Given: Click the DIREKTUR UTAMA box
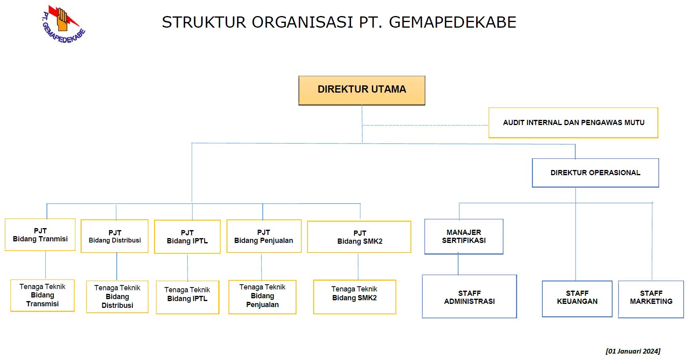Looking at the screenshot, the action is point(362,91).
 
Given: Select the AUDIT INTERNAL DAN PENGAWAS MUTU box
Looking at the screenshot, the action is point(573,123).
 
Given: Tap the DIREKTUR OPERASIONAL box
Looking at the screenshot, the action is point(595,173).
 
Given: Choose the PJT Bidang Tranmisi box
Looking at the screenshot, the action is point(40,235).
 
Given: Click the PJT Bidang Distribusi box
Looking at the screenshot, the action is point(115,236).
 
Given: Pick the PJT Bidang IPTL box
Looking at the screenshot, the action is point(187,237).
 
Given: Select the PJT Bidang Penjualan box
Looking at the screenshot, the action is point(264,236).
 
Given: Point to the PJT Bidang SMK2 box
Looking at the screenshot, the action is point(359,237).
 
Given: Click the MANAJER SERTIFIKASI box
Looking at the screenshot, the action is point(464,237).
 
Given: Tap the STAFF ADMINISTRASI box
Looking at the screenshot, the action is point(469,297).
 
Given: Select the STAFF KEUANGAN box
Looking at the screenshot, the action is point(577,299).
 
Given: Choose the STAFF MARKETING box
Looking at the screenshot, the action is point(651,299).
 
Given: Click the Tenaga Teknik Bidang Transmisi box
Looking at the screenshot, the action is point(43,295).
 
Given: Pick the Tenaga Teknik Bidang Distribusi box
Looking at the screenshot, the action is point(117,297).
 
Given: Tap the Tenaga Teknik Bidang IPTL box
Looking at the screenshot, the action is point(187,297).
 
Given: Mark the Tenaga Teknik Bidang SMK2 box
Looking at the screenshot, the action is point(355,297).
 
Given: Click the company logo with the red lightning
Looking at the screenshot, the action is point(63,24).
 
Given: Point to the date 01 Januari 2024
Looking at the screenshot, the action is point(633,351).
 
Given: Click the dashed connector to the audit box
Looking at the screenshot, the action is point(425,125).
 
